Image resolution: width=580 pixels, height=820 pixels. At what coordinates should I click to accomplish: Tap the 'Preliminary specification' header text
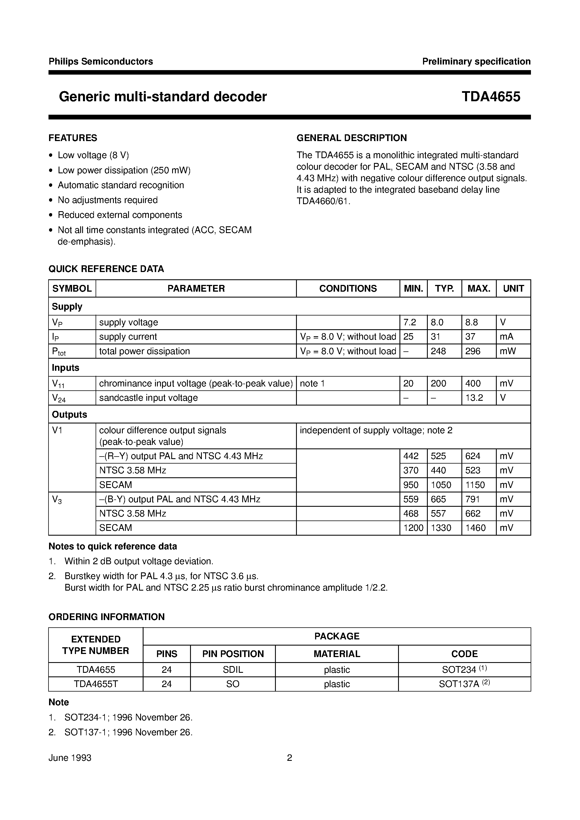pos(476,61)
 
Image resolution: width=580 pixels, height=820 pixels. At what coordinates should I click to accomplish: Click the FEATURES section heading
pos(73,138)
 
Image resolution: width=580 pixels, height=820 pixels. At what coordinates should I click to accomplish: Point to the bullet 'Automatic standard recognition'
pos(121,185)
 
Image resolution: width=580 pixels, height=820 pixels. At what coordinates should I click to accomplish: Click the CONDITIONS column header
pos(348,288)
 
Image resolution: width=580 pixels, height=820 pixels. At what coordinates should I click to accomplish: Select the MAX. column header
pos(479,288)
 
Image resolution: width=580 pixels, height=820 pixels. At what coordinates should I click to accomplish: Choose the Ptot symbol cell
pos(59,352)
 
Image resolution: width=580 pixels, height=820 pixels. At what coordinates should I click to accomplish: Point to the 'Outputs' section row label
pos(69,414)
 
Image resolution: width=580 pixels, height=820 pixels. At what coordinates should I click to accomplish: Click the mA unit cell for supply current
pos(507,337)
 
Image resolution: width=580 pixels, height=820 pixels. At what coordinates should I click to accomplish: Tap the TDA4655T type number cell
pos(96,684)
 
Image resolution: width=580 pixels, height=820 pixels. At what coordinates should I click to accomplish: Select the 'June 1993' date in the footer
pos(70,757)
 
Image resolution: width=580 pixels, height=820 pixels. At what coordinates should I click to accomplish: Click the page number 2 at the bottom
pos(290,757)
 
